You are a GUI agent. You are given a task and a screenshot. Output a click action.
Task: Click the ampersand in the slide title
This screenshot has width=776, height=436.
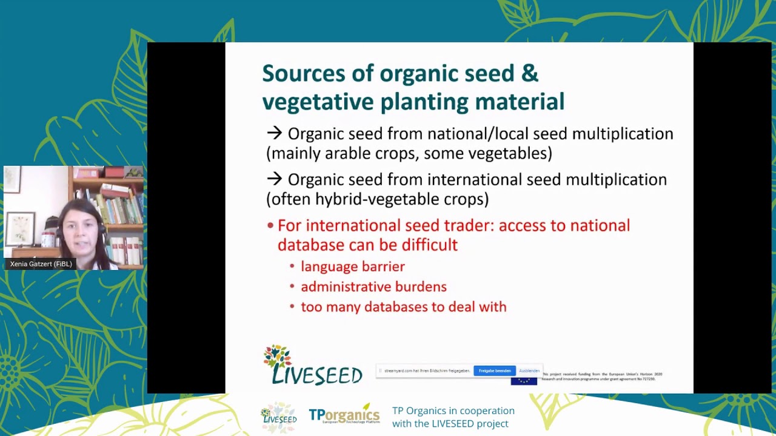point(529,74)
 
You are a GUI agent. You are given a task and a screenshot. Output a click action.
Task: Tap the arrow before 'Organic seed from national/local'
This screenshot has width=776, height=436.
point(275,133)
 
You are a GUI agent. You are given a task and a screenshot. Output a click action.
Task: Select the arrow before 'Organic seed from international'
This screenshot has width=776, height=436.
point(275,179)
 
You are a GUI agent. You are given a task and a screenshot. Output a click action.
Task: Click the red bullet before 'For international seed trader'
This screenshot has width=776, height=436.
point(270,226)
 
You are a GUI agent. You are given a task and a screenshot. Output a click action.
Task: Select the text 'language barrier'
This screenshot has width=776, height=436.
point(352,266)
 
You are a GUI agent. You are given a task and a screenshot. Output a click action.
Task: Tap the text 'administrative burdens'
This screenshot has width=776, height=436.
point(373,287)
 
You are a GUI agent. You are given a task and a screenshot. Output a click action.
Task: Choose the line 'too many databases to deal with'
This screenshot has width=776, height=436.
point(403,307)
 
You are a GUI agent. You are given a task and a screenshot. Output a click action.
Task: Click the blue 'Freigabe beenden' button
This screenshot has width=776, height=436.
point(494,371)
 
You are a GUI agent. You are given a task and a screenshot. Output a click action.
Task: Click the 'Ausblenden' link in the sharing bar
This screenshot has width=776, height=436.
point(529,371)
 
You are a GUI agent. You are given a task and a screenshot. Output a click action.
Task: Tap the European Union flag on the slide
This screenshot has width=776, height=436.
point(523,381)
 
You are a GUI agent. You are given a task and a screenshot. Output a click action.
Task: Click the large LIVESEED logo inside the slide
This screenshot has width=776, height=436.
point(312,366)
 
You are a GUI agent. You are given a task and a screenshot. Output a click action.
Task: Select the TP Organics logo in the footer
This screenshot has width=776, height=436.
point(344,415)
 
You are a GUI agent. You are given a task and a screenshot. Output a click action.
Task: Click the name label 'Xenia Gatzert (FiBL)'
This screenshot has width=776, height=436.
point(41,264)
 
